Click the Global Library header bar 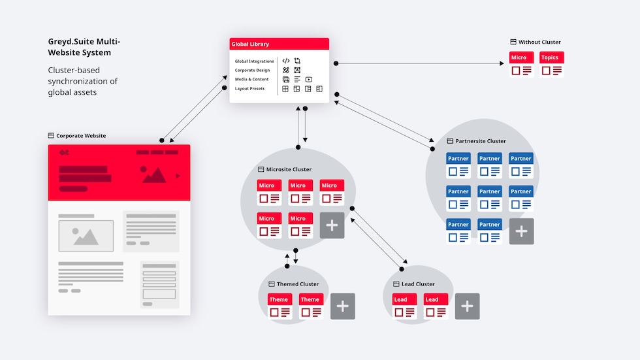click(x=279, y=44)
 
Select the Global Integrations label click(x=254, y=61)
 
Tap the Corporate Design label click(x=252, y=70)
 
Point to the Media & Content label click(x=251, y=79)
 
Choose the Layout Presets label click(x=249, y=88)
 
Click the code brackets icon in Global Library click(x=286, y=61)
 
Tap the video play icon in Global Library click(x=308, y=79)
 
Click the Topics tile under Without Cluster click(x=552, y=65)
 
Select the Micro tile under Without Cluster click(x=521, y=65)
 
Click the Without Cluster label click(x=539, y=42)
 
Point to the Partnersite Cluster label click(x=481, y=141)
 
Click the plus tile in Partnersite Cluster click(x=521, y=231)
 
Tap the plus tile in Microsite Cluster click(x=332, y=225)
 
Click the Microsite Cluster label click(x=289, y=170)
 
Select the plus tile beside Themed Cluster click(x=343, y=306)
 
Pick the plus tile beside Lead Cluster click(x=467, y=306)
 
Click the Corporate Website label click(x=80, y=136)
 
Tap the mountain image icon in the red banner click(x=153, y=174)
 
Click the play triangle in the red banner click(x=178, y=175)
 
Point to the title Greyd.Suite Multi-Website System click(x=84, y=47)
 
